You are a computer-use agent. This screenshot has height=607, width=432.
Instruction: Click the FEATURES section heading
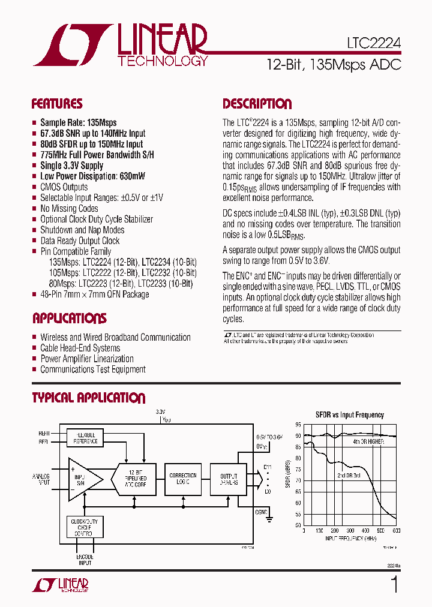coord(57,104)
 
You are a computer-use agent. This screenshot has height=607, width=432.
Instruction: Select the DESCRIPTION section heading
coord(257,104)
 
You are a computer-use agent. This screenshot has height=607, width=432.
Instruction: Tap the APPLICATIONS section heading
coord(69,318)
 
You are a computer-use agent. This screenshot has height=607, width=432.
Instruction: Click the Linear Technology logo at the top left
coord(120,45)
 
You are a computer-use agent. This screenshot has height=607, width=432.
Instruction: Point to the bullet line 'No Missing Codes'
coord(69,209)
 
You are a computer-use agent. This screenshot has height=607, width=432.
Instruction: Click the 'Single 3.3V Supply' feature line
coord(71,166)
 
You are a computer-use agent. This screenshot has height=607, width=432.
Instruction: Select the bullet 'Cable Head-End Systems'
coord(80,348)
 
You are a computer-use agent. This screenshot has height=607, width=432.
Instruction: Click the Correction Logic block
coord(183,478)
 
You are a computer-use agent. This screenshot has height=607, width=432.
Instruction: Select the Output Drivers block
coord(229,478)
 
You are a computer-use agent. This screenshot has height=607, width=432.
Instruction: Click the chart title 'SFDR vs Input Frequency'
coord(350,414)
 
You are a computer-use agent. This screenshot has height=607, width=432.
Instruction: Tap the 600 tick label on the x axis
coord(396,531)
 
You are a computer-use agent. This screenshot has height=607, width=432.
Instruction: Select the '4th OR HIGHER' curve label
coord(368,441)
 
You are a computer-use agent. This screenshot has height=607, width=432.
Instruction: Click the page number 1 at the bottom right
coord(394,584)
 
